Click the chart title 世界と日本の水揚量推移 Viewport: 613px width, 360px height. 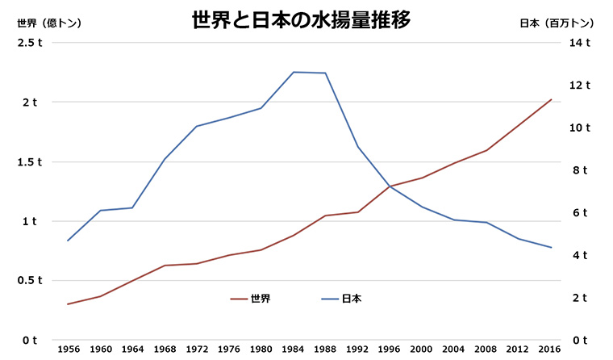301,20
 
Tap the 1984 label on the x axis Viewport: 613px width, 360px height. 294,348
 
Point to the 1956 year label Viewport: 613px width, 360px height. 68,348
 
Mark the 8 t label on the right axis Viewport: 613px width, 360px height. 581,170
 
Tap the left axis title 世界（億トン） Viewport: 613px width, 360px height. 49,23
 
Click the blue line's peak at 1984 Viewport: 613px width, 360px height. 294,72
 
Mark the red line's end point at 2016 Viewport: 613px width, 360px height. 551,99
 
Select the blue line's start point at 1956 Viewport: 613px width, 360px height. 68,241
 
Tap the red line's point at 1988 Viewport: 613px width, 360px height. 325,216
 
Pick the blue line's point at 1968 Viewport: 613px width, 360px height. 165,160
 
